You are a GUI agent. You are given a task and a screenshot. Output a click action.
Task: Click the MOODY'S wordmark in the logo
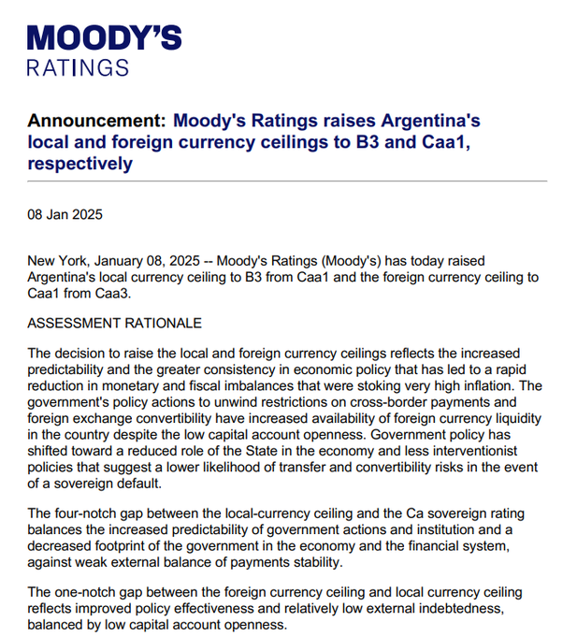pos(105,38)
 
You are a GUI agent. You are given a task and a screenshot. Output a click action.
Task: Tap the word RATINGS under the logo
pos(78,68)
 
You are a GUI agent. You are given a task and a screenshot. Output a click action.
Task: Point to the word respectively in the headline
pos(80,165)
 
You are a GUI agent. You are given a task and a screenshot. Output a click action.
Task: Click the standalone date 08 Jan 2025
pos(65,214)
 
